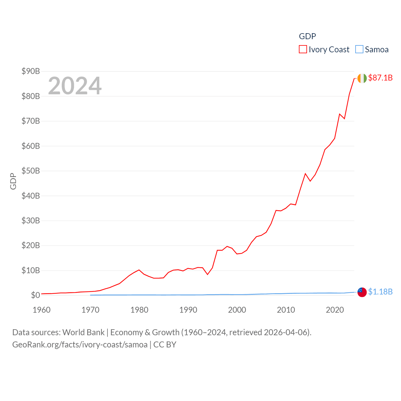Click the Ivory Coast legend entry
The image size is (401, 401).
(324, 49)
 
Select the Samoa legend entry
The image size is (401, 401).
(372, 49)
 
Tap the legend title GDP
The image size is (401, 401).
(307, 36)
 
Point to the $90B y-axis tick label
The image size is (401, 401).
(31, 71)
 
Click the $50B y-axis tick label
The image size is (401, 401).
(31, 171)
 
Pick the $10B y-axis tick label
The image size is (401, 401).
(31, 270)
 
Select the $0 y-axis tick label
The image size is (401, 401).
(35, 295)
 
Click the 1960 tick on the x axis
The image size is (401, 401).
(42, 310)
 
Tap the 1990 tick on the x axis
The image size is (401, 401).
(188, 310)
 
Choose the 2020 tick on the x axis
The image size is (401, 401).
(335, 310)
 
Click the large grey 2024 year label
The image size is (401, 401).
(75, 86)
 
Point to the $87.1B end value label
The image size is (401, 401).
(380, 78)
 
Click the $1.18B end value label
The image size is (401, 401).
(380, 292)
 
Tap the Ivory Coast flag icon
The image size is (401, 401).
(362, 78)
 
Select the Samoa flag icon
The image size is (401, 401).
(362, 292)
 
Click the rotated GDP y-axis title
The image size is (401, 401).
(13, 181)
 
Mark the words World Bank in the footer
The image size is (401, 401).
(83, 332)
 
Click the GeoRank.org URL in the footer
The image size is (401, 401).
(80, 345)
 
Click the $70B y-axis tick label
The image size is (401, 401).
(31, 121)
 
